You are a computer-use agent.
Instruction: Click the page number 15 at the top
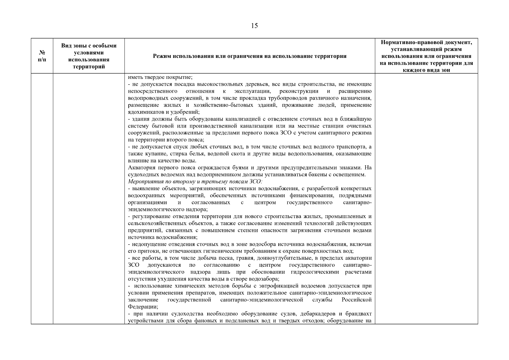point(254,26)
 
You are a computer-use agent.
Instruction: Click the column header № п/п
point(42,56)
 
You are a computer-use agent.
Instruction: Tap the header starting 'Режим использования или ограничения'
point(250,56)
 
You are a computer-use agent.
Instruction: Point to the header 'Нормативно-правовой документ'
point(426,42)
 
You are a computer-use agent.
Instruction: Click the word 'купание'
point(149,154)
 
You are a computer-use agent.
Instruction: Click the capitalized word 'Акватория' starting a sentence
point(140,168)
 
